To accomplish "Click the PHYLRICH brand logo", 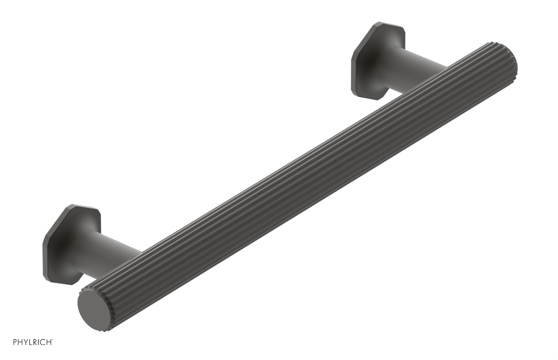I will [x=33, y=342].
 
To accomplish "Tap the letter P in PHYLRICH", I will [x=15, y=342].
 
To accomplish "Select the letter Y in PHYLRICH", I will [x=25, y=342].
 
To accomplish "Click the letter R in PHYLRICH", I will [x=36, y=342].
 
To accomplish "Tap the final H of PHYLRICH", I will [x=50, y=342].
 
